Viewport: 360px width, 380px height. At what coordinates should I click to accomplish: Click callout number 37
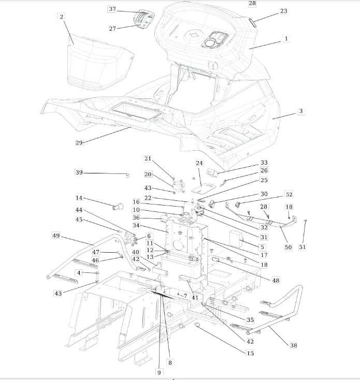pos(111,9)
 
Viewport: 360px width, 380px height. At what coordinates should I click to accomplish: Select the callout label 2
pos(61,17)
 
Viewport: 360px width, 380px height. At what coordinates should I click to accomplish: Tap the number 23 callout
pos(283,11)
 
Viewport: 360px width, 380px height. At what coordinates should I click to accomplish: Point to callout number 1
pos(286,38)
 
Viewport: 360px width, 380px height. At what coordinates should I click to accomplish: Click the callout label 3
pos(301,111)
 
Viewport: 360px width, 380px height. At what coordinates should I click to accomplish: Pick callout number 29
pos(79,143)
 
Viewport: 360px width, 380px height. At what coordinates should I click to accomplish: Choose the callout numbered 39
pos(79,172)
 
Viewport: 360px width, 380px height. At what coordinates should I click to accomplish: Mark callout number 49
pos(56,236)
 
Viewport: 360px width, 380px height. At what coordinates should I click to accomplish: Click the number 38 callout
pos(293,345)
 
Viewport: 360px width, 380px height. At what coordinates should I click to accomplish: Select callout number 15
pos(250,353)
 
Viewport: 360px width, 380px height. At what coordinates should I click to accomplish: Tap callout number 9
pos(159,372)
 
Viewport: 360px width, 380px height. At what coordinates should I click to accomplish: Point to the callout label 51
pos(303,247)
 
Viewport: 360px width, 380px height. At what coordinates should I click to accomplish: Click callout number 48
pos(276,281)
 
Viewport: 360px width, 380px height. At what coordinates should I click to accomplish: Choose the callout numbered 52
pos(289,194)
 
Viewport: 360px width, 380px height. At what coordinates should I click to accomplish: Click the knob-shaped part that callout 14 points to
pos(118,207)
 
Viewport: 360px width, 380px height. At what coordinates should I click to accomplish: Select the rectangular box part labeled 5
pos(236,239)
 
